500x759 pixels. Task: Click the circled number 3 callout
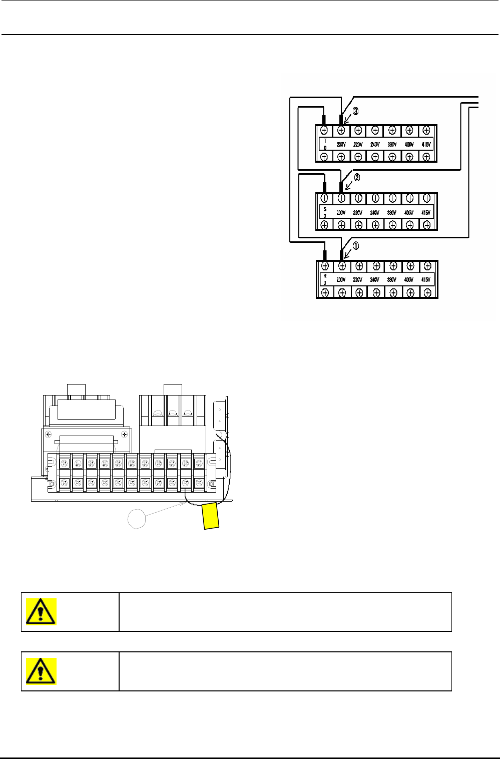(355, 112)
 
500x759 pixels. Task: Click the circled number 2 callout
(356, 177)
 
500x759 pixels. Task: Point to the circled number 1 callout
(356, 246)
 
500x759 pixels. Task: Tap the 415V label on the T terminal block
(426, 145)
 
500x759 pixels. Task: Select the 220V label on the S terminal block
(358, 212)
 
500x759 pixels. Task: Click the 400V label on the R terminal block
(409, 280)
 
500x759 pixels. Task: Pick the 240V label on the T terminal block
(375, 145)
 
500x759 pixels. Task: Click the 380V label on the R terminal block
(392, 280)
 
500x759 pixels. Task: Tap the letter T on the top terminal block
(325, 141)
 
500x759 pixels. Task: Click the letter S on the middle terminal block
(325, 209)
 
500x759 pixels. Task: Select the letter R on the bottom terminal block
(325, 276)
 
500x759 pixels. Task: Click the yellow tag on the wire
(211, 516)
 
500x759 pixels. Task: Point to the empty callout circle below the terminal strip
(137, 518)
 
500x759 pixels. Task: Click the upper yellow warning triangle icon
(41, 611)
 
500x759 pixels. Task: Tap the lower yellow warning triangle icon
(41, 671)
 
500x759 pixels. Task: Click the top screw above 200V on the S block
(341, 198)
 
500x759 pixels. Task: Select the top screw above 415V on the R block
(427, 266)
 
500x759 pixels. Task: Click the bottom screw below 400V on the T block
(409, 157)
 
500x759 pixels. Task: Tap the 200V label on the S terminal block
(341, 212)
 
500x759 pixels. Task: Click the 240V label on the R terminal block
(375, 280)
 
